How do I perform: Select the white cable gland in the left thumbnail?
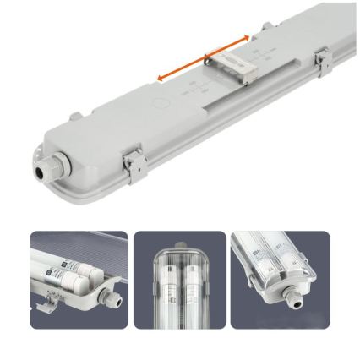[106, 298]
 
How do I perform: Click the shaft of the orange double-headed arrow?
[204, 58]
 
